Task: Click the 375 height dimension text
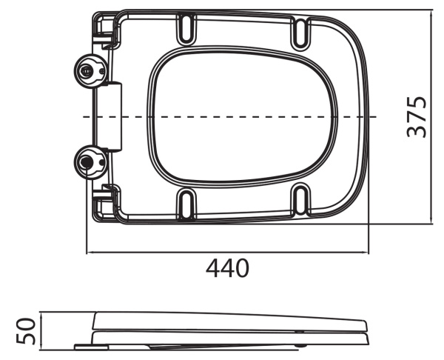coord(418,116)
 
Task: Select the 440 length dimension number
coord(227,268)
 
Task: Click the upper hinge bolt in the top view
coord(88,72)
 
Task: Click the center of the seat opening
coord(244,116)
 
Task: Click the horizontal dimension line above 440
coord(227,252)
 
